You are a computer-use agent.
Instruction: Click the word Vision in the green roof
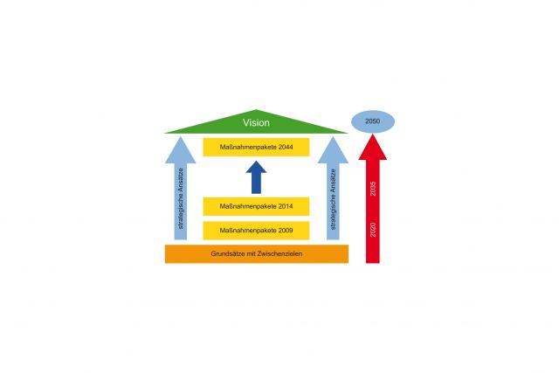click(256, 122)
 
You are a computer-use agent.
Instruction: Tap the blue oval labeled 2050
click(373, 121)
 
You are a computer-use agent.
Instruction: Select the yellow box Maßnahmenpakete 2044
click(256, 147)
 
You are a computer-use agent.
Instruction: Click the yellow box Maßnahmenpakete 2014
click(256, 206)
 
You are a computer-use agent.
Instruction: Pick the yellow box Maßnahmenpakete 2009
click(256, 231)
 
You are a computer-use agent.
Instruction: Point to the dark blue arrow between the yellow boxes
click(256, 177)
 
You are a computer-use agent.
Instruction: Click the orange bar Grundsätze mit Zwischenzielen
click(257, 254)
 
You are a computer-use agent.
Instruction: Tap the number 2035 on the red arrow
click(373, 189)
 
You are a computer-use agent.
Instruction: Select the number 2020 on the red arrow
click(373, 230)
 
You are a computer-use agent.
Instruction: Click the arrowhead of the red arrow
click(373, 147)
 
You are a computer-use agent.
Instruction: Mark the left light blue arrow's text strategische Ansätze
click(181, 198)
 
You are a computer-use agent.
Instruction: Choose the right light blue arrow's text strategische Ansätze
click(333, 199)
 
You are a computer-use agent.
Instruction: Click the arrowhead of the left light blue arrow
click(181, 150)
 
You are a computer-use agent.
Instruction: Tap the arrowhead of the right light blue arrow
click(333, 150)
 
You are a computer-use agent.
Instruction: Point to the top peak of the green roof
click(256, 109)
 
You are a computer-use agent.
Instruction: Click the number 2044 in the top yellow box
click(286, 147)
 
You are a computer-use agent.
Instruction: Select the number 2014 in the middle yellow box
click(286, 206)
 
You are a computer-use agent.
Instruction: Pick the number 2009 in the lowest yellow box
click(286, 231)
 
